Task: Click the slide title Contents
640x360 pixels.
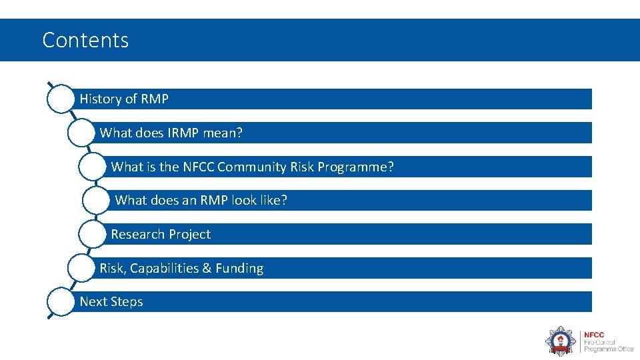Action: pyautogui.click(x=85, y=40)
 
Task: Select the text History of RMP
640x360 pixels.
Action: pyautogui.click(x=124, y=99)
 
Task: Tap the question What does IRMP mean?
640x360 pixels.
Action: pyautogui.click(x=171, y=133)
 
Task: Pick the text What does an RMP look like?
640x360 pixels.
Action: pyautogui.click(x=201, y=201)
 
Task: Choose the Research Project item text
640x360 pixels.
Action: pyautogui.click(x=161, y=235)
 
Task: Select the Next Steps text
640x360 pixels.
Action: pyautogui.click(x=111, y=302)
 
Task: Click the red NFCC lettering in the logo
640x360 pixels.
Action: pyautogui.click(x=595, y=335)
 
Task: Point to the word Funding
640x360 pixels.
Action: pyautogui.click(x=239, y=269)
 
